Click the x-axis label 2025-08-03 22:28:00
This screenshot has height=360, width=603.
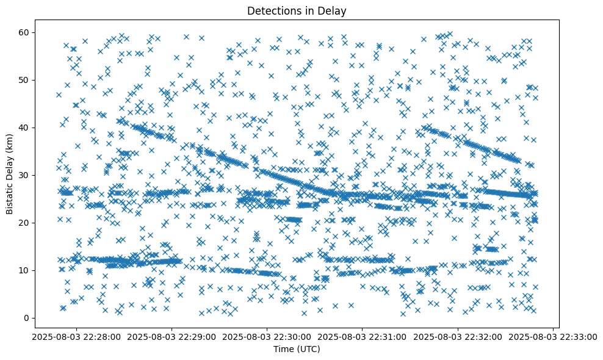[76, 336]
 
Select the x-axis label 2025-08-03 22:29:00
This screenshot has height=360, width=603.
[172, 336]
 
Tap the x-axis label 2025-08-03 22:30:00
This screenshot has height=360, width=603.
[267, 336]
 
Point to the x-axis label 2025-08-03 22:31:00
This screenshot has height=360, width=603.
[363, 336]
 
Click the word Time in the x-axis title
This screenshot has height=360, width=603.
[283, 350]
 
